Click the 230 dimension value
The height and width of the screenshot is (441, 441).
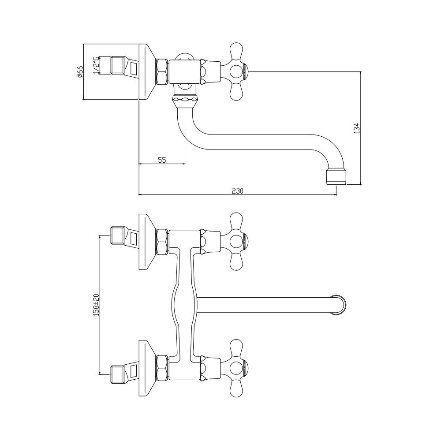[x=237, y=191]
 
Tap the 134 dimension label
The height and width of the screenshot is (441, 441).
[x=357, y=128]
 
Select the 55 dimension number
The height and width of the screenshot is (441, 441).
[x=162, y=160]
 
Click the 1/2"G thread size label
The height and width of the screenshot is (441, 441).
[x=96, y=65]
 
